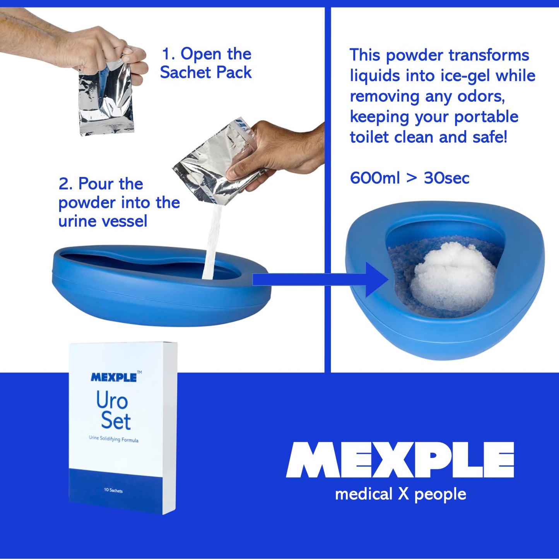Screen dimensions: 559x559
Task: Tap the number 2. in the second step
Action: [x=65, y=184]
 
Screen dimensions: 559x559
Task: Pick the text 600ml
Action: [x=374, y=178]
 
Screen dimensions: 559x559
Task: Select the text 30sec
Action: [x=446, y=178]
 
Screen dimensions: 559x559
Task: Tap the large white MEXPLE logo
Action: [x=400, y=460]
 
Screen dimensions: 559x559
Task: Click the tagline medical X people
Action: [x=400, y=494]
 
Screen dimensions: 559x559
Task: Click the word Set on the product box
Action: [x=116, y=421]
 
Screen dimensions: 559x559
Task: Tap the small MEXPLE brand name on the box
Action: [x=114, y=378]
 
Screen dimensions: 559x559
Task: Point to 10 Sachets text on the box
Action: [x=113, y=490]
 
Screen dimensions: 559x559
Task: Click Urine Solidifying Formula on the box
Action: [x=113, y=439]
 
